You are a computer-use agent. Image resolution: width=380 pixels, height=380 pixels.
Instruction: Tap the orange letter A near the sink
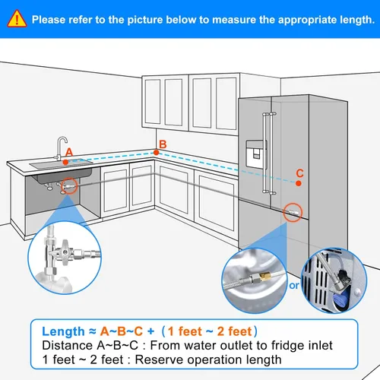(68, 152)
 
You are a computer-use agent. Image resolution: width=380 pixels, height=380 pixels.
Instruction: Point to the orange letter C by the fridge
(299, 173)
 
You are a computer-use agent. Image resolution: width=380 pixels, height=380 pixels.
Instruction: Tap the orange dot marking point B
(156, 153)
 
